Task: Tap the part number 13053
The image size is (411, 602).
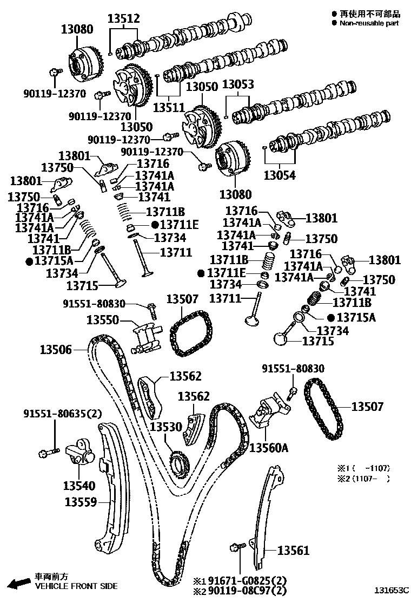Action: click(238, 85)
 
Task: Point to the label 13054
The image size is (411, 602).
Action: click(280, 175)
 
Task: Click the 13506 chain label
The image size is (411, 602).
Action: click(55, 350)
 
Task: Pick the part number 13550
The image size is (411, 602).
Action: click(103, 320)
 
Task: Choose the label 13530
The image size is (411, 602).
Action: click(166, 427)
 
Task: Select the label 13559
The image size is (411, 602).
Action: click(82, 502)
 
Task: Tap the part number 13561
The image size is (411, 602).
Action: click(294, 551)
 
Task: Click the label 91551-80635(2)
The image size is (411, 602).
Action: click(62, 414)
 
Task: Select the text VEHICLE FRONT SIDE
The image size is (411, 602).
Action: click(76, 586)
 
